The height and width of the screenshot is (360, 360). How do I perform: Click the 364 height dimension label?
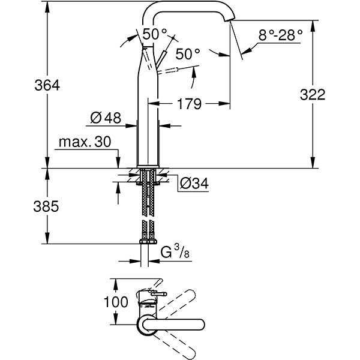[47, 85]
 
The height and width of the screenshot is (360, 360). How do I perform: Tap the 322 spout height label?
[313, 94]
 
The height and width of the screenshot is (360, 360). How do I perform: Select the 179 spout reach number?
[189, 104]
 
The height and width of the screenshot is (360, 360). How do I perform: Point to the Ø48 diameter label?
[106, 118]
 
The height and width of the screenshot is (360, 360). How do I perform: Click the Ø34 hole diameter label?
[194, 183]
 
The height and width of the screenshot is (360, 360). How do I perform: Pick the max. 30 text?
[85, 142]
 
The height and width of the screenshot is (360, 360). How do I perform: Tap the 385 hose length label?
[46, 206]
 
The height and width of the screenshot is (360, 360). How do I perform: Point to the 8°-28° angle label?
[281, 35]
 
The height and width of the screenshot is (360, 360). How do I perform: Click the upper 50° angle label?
[155, 34]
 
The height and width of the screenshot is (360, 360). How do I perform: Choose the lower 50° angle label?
[188, 54]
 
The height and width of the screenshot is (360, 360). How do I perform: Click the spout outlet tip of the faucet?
[230, 20]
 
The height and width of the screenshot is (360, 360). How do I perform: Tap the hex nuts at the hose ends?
[148, 241]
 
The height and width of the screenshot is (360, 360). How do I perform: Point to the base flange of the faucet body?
[148, 166]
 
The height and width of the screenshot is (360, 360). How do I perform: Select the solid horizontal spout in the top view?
[173, 325]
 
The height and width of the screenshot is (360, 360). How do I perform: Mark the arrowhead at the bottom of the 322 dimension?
[313, 163]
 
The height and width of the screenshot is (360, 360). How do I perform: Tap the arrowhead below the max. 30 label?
[118, 163]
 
